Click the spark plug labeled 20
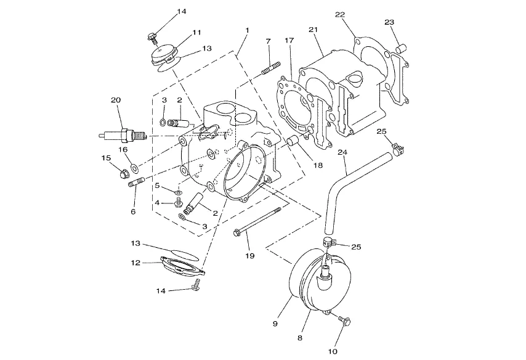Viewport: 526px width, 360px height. pyautogui.click(x=123, y=136)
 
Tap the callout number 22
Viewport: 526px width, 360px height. pyautogui.click(x=340, y=14)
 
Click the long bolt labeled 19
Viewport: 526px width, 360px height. pyautogui.click(x=257, y=221)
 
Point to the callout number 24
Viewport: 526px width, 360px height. pyautogui.click(x=342, y=152)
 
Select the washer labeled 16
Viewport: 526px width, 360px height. pyautogui.click(x=134, y=167)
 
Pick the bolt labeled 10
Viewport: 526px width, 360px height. pyautogui.click(x=344, y=320)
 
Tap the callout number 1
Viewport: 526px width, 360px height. pyautogui.click(x=247, y=30)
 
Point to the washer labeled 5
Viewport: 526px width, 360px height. pyautogui.click(x=178, y=192)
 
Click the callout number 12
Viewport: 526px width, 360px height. pyautogui.click(x=136, y=263)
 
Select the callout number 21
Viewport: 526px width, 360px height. pyautogui.click(x=313, y=30)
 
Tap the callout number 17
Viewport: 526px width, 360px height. pyautogui.click(x=289, y=40)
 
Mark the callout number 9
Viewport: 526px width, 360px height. pyautogui.click(x=275, y=324)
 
